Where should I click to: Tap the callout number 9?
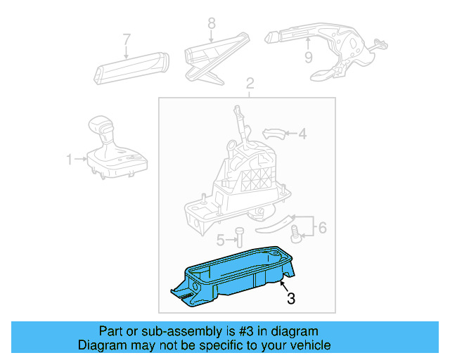(x=308, y=57)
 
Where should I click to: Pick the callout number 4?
(x=302, y=133)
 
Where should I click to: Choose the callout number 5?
(x=220, y=240)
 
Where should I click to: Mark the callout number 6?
(x=322, y=227)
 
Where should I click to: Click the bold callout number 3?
(x=291, y=299)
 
